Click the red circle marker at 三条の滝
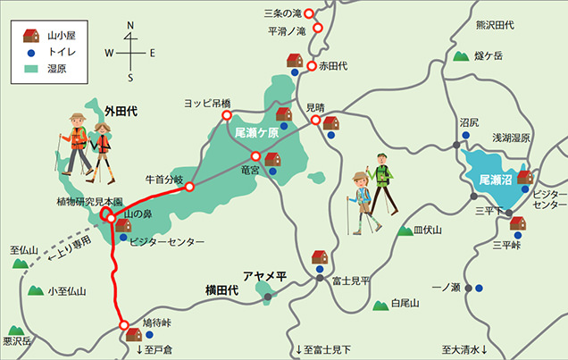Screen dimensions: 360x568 tap(309, 13)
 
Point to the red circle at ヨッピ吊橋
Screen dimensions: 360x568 tap(226, 115)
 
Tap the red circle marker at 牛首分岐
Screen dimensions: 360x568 tap(189, 187)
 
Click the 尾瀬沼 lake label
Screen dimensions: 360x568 tap(495, 180)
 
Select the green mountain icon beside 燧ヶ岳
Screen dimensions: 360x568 tap(461, 56)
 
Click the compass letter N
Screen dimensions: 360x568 tap(130, 26)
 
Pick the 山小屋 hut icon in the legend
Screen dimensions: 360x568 tap(30, 37)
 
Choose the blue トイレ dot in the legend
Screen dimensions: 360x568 tap(30, 54)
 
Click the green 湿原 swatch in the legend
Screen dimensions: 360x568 tap(30, 71)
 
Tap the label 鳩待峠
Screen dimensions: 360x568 tap(159, 322)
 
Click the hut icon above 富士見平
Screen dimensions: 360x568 tap(320, 257)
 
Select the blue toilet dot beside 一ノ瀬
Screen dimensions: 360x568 tap(480, 289)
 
